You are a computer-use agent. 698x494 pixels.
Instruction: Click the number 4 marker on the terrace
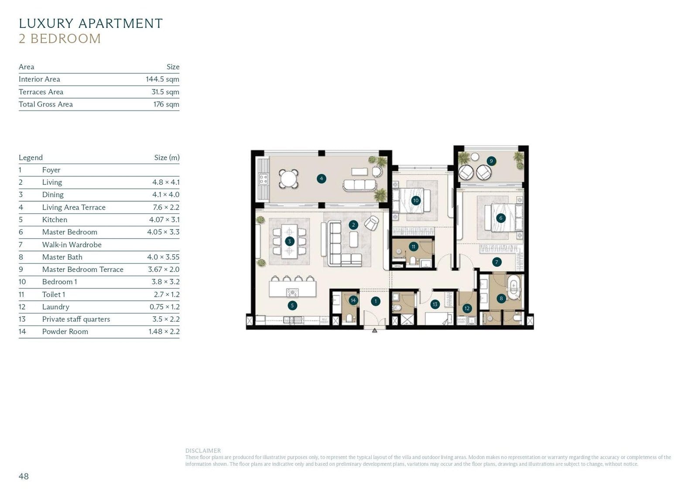click(x=322, y=178)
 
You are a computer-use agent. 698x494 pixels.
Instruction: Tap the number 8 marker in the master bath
click(x=501, y=298)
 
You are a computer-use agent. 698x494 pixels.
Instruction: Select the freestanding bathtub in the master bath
click(x=514, y=288)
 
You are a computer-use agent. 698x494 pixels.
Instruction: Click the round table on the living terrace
click(x=288, y=178)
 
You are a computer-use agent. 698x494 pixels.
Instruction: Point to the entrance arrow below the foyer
click(x=374, y=331)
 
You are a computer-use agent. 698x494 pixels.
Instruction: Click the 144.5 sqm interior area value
click(x=162, y=79)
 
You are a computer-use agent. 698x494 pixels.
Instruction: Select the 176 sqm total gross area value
click(x=166, y=104)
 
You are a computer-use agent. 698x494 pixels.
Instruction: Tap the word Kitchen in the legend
click(x=55, y=220)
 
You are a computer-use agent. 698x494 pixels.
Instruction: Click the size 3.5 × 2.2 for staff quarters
click(x=165, y=319)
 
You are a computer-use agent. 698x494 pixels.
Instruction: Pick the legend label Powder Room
click(x=65, y=332)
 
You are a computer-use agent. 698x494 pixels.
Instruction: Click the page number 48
click(x=24, y=477)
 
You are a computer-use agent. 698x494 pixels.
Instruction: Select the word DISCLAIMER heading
click(x=203, y=451)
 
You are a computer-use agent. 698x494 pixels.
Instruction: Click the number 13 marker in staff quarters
click(x=435, y=304)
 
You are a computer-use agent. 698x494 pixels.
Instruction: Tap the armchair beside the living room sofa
click(x=372, y=223)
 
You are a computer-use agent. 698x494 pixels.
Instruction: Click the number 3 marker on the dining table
click(x=289, y=241)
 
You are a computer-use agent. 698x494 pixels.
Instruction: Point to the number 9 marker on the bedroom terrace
click(x=491, y=161)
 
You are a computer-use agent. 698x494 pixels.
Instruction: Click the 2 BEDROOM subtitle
click(x=60, y=39)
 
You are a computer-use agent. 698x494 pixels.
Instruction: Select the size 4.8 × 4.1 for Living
click(x=165, y=182)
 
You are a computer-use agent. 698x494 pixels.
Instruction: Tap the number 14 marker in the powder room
click(x=353, y=300)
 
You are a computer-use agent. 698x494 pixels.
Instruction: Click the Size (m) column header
click(x=167, y=158)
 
